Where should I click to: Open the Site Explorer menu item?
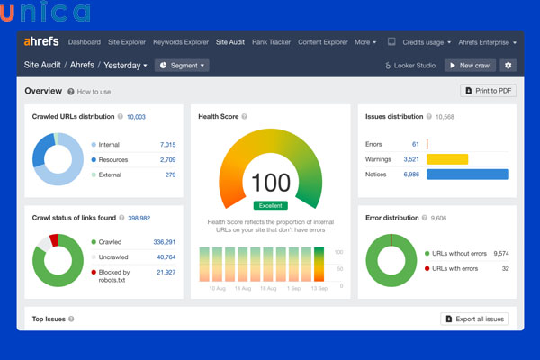pyautogui.click(x=126, y=42)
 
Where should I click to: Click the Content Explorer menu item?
pyautogui.click(x=323, y=42)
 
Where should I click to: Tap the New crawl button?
pyautogui.click(x=470, y=66)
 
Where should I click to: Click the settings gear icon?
pyautogui.click(x=508, y=66)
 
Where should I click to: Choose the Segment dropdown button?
pyautogui.click(x=181, y=66)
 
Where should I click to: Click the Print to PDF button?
pyautogui.click(x=488, y=91)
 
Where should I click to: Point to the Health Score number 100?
pyautogui.click(x=271, y=182)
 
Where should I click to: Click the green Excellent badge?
pyautogui.click(x=271, y=205)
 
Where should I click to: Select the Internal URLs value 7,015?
pyautogui.click(x=167, y=144)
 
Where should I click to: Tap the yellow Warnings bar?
pyautogui.click(x=447, y=159)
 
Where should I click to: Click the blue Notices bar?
pyautogui.click(x=467, y=174)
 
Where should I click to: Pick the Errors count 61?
pyautogui.click(x=416, y=144)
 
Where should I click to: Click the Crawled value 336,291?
pyautogui.click(x=164, y=242)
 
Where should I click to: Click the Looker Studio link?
pyautogui.click(x=410, y=66)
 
